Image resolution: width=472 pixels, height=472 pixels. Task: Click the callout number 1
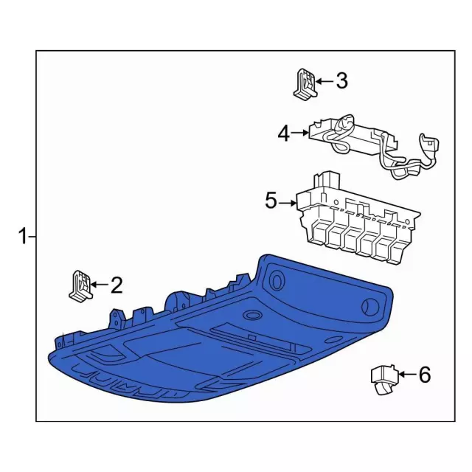pos(23,236)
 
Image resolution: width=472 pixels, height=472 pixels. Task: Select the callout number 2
pos(117,285)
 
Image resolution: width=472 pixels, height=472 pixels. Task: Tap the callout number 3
pos(341,80)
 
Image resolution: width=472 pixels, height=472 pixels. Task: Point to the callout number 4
pos(283,133)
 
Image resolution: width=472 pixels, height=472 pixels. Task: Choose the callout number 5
pos(271,201)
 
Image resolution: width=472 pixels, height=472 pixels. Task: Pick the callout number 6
pos(425,375)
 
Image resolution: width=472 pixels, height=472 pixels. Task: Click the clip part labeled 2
pos(80,285)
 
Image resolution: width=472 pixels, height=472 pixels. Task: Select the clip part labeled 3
pos(305,84)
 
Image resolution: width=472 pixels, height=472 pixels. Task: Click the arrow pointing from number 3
pos(324,81)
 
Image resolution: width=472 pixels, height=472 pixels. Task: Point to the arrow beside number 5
pos(288,204)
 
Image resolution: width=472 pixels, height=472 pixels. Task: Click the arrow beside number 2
pos(100,285)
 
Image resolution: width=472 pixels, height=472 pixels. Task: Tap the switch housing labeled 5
pos(358,219)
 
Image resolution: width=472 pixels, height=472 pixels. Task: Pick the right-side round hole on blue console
pos(369,308)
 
